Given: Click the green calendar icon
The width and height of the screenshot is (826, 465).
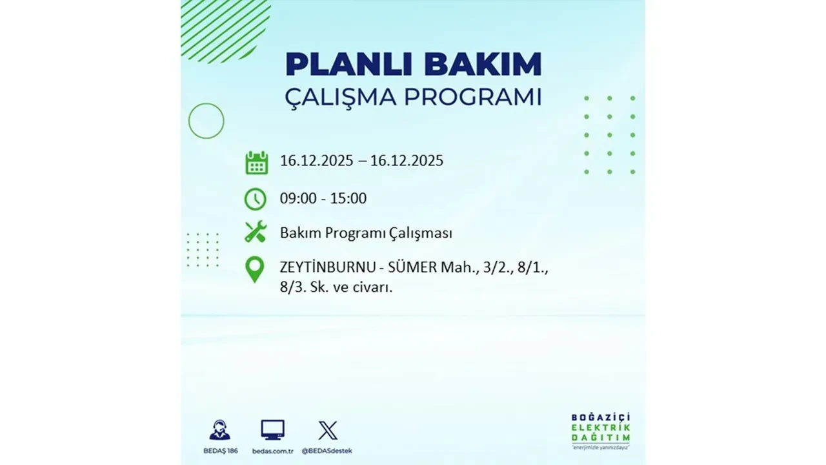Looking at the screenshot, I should pos(256,162).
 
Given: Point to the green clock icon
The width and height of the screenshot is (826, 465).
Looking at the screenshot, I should pos(256,199).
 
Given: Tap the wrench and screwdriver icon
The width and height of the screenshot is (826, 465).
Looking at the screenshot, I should pos(256,232).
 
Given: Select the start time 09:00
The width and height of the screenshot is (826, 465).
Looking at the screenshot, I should pos(298,198).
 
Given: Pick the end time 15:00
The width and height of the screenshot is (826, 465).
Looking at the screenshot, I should pos(348,198).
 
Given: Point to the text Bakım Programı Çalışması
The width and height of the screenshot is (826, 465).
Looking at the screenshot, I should pos(366,233).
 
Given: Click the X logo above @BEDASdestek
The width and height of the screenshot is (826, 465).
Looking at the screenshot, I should pos(328,430).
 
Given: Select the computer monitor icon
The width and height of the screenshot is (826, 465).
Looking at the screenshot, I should pos(272,429).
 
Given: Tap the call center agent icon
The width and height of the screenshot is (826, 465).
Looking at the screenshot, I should pos(219,430).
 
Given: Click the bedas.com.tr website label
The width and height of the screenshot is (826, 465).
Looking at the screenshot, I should pos(272,450).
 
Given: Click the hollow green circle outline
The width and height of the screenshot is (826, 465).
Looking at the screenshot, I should pos(206,121).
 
